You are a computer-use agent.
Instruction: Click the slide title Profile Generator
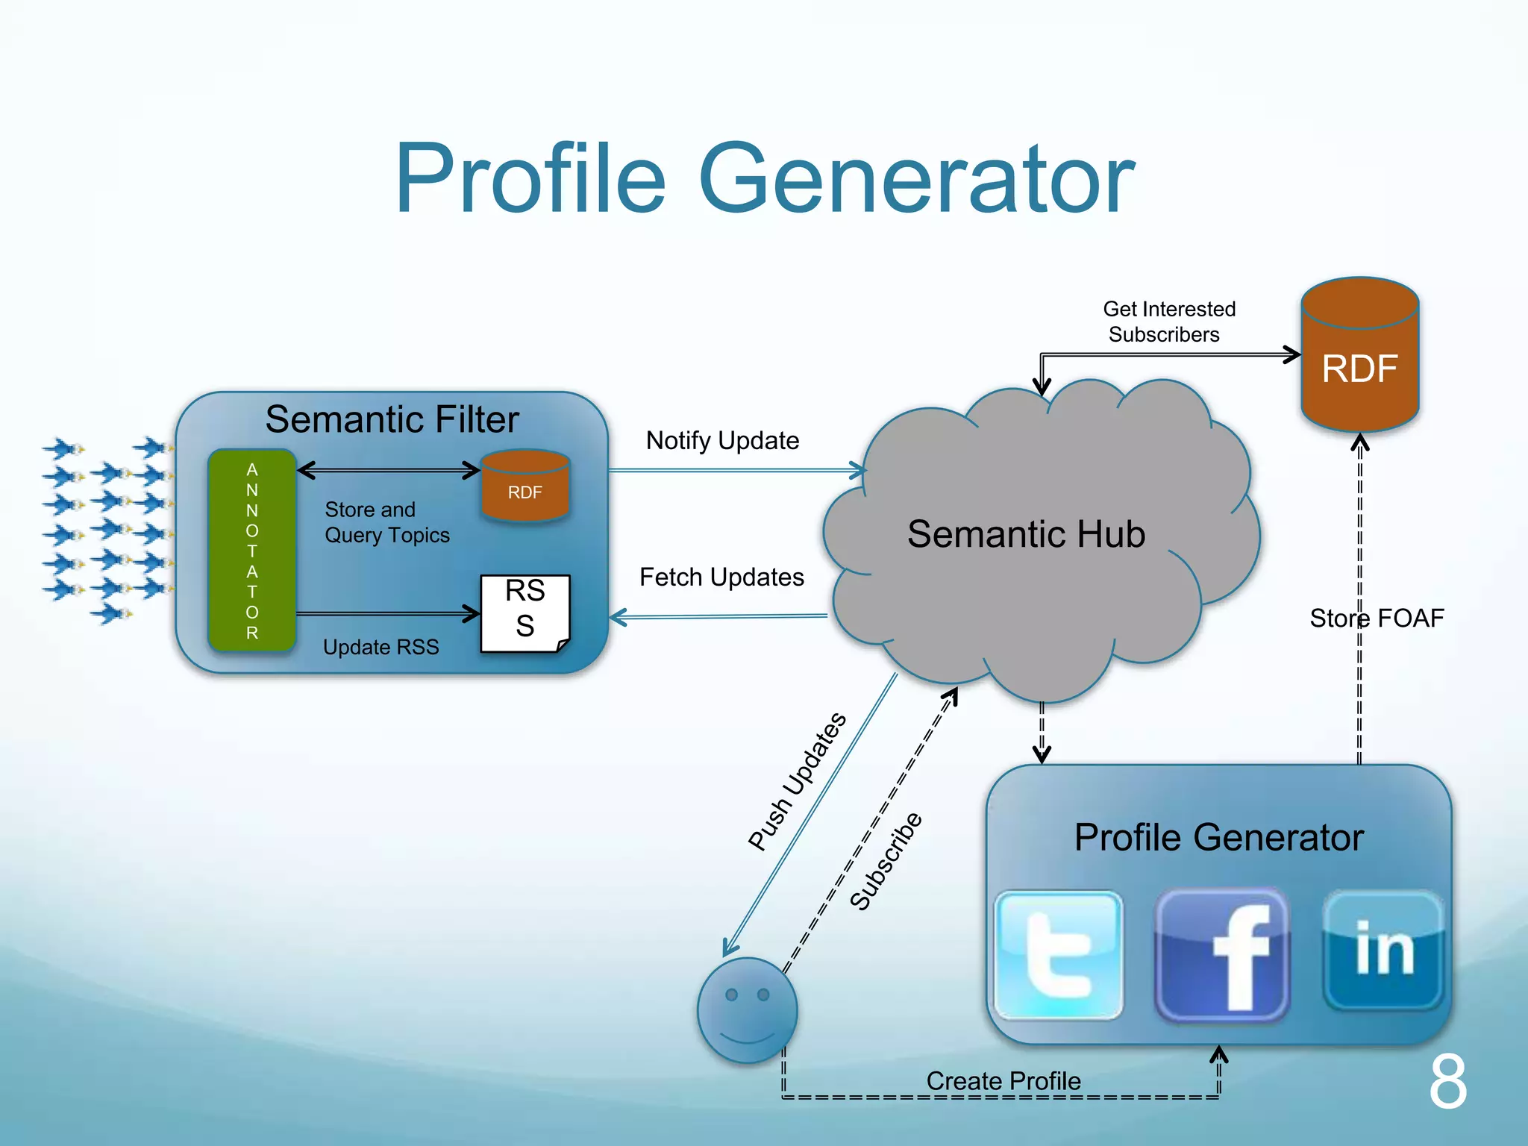[764, 179]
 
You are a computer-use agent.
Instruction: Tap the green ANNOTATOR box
[252, 551]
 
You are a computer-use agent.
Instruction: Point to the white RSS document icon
[525, 612]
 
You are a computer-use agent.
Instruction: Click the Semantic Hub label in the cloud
[1026, 534]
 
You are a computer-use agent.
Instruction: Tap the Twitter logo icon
[1059, 955]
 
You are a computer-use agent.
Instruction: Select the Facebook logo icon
[1222, 955]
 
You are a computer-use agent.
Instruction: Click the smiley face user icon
[748, 1011]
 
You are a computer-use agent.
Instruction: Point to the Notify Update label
[722, 440]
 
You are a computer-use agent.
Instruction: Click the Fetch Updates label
[721, 577]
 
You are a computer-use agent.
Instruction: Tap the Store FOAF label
[1377, 618]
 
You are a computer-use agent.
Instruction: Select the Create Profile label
[1003, 1080]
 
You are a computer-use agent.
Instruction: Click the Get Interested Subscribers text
[1168, 322]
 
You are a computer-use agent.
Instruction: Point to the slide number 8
[1447, 1082]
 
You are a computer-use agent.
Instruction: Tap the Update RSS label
[381, 647]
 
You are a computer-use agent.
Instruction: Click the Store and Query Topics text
[386, 522]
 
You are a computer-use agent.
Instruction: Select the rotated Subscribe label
[886, 862]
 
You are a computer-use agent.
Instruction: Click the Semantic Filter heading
[392, 419]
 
